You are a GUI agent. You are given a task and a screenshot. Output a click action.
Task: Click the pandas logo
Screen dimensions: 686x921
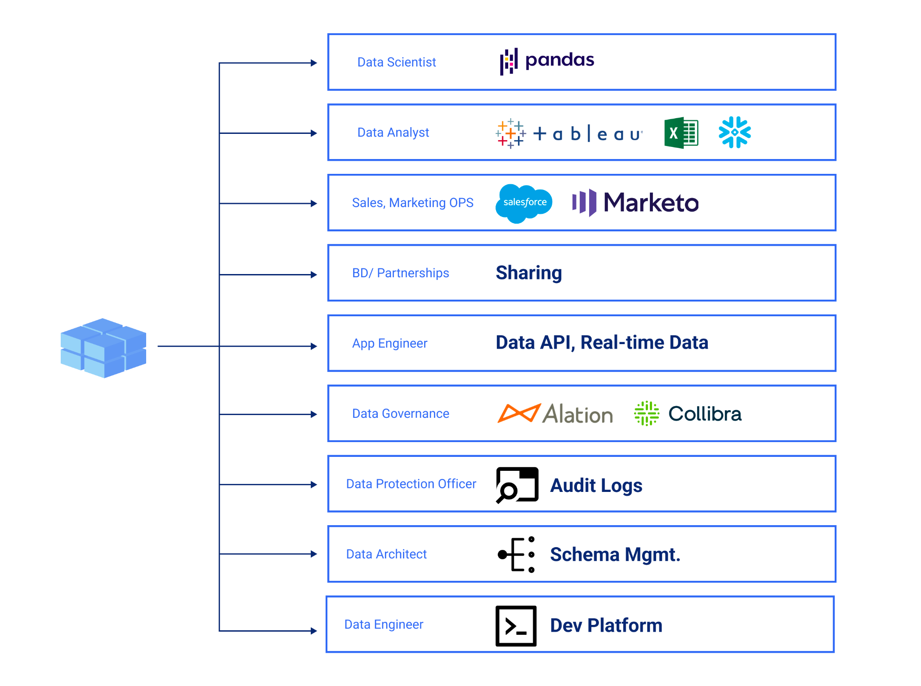pyautogui.click(x=547, y=61)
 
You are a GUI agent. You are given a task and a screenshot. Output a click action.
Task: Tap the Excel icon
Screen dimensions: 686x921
pyautogui.click(x=681, y=133)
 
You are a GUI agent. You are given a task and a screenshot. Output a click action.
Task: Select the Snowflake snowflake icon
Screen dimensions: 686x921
pyautogui.click(x=734, y=132)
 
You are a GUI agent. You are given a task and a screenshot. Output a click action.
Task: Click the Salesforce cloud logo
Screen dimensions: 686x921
pyautogui.click(x=524, y=203)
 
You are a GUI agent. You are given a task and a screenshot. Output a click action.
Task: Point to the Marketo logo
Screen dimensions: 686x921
pyautogui.click(x=635, y=203)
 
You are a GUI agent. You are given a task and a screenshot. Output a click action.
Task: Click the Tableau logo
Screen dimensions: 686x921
pyautogui.click(x=569, y=133)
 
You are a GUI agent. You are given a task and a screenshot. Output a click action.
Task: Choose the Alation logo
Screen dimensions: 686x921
pyautogui.click(x=555, y=414)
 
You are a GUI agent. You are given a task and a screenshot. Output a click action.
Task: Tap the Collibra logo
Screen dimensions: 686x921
pyautogui.click(x=688, y=414)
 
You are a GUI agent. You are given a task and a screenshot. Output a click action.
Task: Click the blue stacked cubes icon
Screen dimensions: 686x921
pyautogui.click(x=103, y=348)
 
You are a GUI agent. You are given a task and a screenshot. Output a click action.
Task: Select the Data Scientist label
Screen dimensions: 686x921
pyautogui.click(x=396, y=62)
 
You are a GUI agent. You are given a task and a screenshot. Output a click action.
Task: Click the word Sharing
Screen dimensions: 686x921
pyautogui.click(x=528, y=273)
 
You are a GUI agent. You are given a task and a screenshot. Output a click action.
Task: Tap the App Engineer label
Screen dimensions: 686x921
pyautogui.click(x=389, y=344)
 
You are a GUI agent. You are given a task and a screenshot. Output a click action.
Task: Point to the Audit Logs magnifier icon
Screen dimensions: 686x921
pyautogui.click(x=517, y=485)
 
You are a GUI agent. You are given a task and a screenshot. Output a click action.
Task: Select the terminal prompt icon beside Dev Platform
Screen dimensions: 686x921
pyautogui.click(x=516, y=626)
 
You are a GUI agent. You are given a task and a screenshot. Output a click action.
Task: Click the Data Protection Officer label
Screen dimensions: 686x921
pyautogui.click(x=411, y=484)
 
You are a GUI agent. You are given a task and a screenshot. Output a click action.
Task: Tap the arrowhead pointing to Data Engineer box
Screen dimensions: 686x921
pyautogui.click(x=314, y=631)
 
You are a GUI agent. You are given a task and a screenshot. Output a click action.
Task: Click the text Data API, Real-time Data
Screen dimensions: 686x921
pyautogui.click(x=602, y=343)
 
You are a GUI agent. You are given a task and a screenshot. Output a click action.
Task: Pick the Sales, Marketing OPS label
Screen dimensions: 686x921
pyautogui.click(x=412, y=203)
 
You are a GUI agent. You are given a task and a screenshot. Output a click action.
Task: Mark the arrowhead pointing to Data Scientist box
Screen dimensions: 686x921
pyautogui.click(x=314, y=63)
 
